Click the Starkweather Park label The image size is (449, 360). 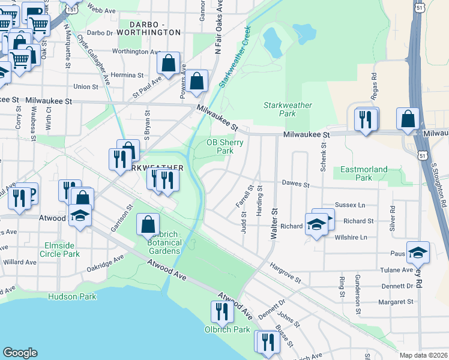(x=288, y=109)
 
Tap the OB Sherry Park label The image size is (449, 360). (x=224, y=146)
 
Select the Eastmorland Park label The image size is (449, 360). (x=364, y=173)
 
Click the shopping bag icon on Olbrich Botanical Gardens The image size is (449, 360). (x=148, y=224)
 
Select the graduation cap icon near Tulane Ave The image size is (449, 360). (x=418, y=252)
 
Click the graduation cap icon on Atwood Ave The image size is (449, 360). (x=80, y=215)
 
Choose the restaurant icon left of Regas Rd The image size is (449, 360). (x=366, y=119)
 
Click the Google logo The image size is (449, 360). (x=20, y=353)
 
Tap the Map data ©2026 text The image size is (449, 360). (x=423, y=355)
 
